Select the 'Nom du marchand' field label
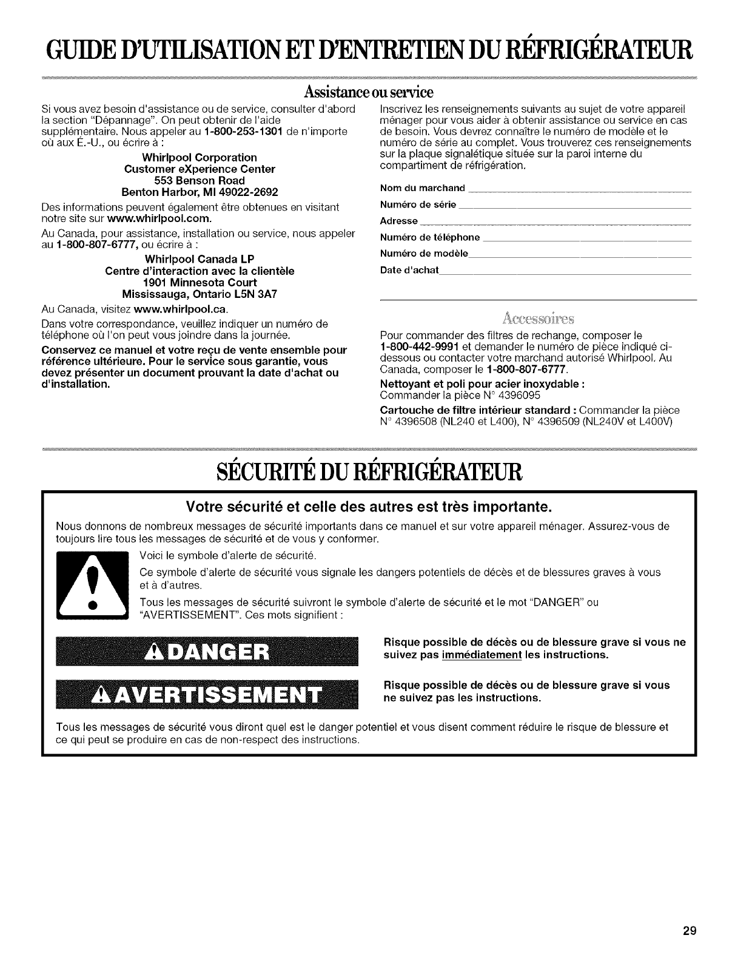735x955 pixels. [422, 187]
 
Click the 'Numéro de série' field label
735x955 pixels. [418, 203]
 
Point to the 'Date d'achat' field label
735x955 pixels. [409, 269]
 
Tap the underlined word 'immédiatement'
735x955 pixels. [482, 655]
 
